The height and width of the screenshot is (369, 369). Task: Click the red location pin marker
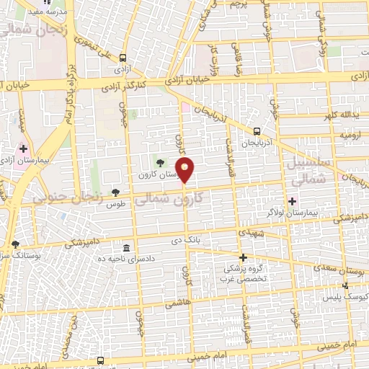pyautogui.click(x=186, y=171)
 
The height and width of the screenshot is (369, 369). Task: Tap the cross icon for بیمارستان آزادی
pyautogui.click(x=23, y=148)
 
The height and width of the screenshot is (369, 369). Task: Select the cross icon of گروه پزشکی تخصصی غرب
pyautogui.click(x=243, y=257)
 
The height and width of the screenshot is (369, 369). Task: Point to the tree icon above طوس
pyautogui.click(x=115, y=192)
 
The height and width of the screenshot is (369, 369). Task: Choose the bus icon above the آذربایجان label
pyautogui.click(x=257, y=131)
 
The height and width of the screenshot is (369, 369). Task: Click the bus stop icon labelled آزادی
pyautogui.click(x=123, y=58)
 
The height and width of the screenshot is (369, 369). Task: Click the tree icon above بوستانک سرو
pyautogui.click(x=16, y=244)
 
